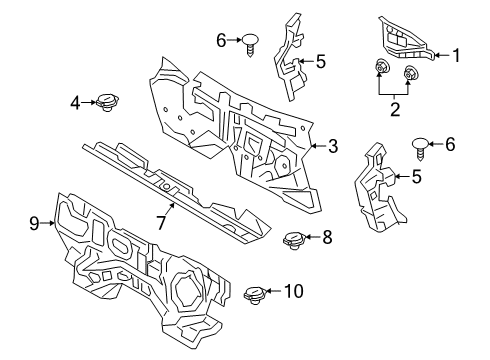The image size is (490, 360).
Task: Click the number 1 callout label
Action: (456, 55)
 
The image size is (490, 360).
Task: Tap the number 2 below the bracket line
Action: (395, 109)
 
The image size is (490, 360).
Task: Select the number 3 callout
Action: (333, 146)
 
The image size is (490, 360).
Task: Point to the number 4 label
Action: (75, 103)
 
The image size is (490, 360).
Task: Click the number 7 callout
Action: (161, 223)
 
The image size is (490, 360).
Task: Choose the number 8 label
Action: (327, 237)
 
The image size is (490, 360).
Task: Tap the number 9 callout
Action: (34, 223)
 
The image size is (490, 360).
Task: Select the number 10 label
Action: (294, 291)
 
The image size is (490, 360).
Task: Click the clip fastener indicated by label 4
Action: (107, 102)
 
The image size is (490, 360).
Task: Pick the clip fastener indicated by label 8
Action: (294, 241)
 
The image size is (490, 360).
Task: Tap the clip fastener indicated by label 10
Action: (255, 295)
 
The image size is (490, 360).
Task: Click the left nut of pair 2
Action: (379, 66)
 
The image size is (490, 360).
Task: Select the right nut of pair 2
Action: (409, 73)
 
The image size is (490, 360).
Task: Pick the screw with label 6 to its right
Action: (420, 148)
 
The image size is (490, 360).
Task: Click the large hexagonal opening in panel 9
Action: (187, 288)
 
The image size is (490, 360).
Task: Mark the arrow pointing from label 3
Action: (318, 146)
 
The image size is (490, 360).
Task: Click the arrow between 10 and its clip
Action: (273, 291)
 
